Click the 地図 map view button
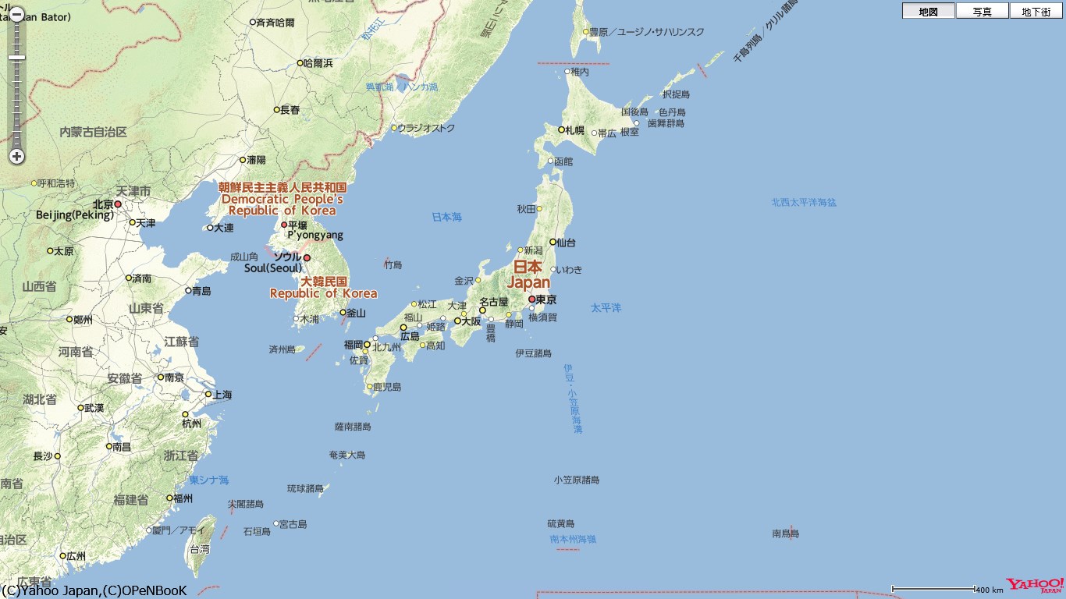tap(928, 11)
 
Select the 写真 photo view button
tap(982, 11)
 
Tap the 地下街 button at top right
tap(1036, 11)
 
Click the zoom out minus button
tap(16, 14)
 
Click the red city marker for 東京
tap(531, 299)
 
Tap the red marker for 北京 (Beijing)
tap(118, 204)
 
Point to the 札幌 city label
tap(575, 130)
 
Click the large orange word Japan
tap(528, 282)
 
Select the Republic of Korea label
tap(323, 293)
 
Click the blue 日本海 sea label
tap(447, 217)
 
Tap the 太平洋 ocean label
tap(606, 308)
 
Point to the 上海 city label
tap(222, 395)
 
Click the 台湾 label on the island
tap(201, 549)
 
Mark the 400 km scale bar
tap(933, 589)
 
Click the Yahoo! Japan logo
tap(1034, 586)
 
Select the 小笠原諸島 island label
tap(577, 480)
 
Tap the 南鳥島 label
tap(785, 533)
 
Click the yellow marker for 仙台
tap(553, 242)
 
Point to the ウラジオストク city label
tap(426, 128)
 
